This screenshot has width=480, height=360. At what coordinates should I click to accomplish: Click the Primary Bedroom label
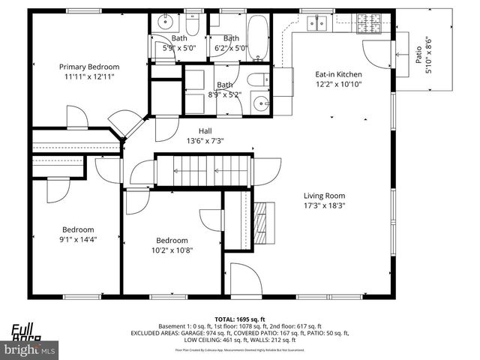[x=89, y=67]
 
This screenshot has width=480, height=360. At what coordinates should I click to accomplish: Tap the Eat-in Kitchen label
[x=338, y=74]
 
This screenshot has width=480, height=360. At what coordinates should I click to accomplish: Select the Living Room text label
[x=324, y=195]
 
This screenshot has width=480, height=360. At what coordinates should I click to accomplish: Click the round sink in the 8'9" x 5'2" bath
[x=260, y=104]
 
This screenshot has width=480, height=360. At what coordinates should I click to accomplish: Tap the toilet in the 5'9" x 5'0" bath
[x=191, y=28]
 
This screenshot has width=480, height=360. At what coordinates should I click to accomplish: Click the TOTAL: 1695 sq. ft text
[x=239, y=319]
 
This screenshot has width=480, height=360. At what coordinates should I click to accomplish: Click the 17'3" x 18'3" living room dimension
[x=324, y=205]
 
